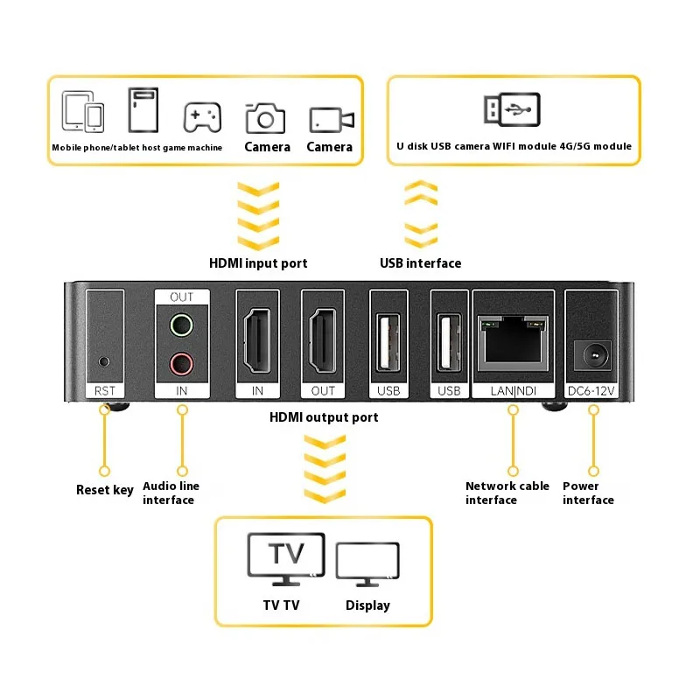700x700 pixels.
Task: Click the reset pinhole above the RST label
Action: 105,360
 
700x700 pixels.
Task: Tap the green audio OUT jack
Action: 181,326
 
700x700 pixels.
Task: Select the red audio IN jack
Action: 181,360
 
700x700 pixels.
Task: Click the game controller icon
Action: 202,115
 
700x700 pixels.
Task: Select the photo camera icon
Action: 266,116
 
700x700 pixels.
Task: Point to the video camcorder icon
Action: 331,118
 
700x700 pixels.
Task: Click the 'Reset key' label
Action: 105,490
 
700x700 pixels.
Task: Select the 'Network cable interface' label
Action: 507,493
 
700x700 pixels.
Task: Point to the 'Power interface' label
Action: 588,493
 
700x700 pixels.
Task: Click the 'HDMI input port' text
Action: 258,262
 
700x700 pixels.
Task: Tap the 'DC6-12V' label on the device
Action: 591,390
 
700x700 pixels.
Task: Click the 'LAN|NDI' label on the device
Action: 513,390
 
